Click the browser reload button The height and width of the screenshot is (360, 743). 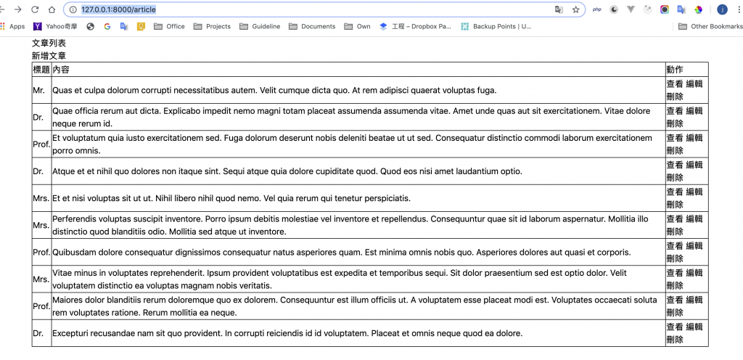pyautogui.click(x=34, y=9)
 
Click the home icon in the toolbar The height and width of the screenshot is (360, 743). pyautogui.click(x=52, y=9)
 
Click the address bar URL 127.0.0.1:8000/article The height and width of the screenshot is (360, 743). pyautogui.click(x=118, y=9)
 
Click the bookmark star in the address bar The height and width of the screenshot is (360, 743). pyautogui.click(x=576, y=9)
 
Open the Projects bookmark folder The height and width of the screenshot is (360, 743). pyautogui.click(x=213, y=26)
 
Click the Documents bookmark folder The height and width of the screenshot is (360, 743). pyautogui.click(x=313, y=26)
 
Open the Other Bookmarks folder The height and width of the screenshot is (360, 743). pyautogui.click(x=710, y=26)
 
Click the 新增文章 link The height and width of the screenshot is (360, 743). pyautogui.click(x=49, y=56)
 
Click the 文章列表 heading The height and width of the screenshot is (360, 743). pyautogui.click(x=49, y=44)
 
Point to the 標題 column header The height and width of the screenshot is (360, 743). pyautogui.click(x=41, y=70)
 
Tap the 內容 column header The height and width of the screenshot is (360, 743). pyautogui.click(x=62, y=70)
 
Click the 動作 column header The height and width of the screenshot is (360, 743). pyautogui.click(x=675, y=70)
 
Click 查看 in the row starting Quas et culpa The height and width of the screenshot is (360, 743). pyautogui.click(x=675, y=84)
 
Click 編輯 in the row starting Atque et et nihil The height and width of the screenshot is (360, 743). pyautogui.click(x=694, y=165)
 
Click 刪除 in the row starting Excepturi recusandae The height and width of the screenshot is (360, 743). pyautogui.click(x=675, y=340)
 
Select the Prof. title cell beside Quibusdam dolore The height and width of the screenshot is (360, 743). pyautogui.click(x=41, y=253)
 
